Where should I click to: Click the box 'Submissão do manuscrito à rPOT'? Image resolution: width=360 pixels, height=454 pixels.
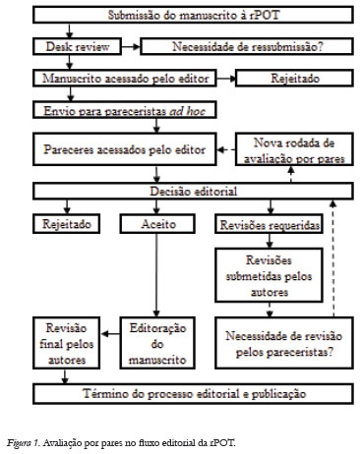pyautogui.click(x=179, y=17)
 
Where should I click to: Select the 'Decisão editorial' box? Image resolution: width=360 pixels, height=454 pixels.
pyautogui.click(x=179, y=192)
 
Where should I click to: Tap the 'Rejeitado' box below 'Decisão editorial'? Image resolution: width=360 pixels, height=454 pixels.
pyautogui.click(x=65, y=224)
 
